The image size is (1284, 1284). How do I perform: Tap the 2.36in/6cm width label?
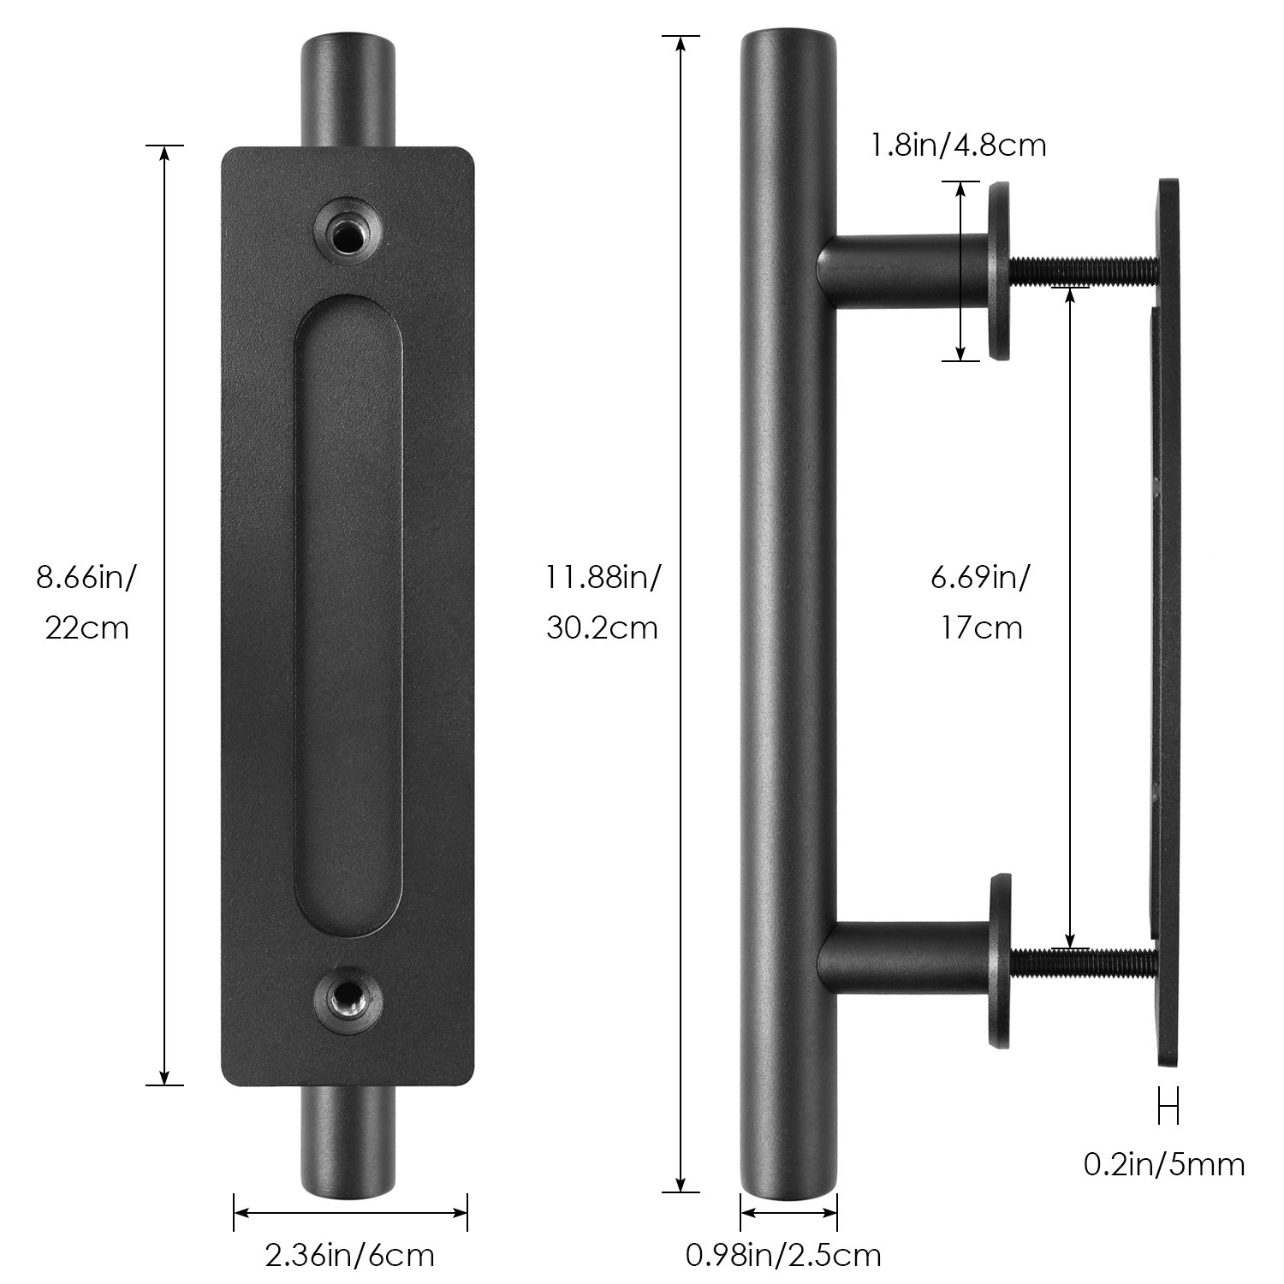point(350,1255)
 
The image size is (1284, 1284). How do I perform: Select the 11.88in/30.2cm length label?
point(603,603)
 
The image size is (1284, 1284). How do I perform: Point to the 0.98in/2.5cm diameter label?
point(783,1255)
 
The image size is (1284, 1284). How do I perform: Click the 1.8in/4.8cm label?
point(958,145)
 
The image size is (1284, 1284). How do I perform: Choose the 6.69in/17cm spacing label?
point(980,603)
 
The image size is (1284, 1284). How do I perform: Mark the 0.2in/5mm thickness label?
point(1164,1164)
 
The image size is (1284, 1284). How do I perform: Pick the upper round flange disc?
point(1000,270)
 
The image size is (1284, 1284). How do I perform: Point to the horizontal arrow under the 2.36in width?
point(350,1212)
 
